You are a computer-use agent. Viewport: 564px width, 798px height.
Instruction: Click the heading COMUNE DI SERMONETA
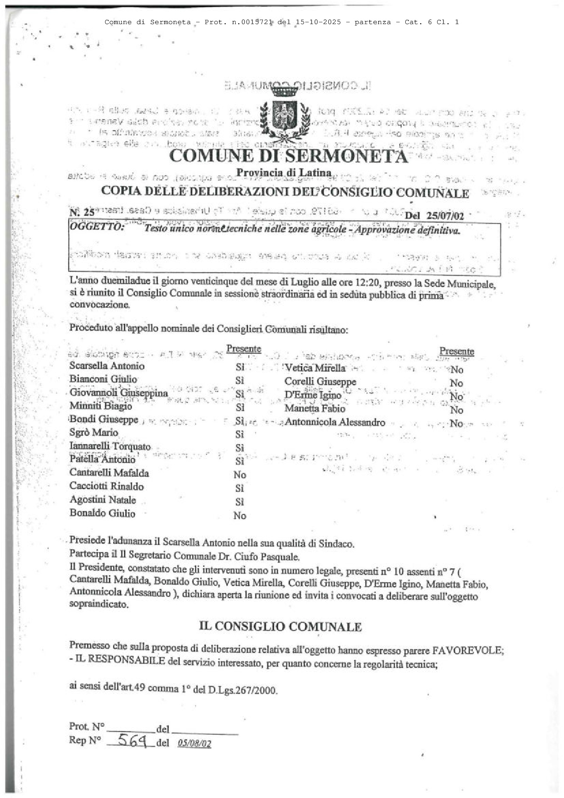(288, 156)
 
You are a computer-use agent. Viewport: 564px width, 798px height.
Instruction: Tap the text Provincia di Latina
(283, 173)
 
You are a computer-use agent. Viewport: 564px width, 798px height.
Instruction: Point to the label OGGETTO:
(96, 227)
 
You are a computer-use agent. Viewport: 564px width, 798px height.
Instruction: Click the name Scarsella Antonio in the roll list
(107, 366)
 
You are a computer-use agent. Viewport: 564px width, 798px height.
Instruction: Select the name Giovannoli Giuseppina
(119, 393)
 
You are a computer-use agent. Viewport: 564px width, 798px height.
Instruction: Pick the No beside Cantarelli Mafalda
(240, 475)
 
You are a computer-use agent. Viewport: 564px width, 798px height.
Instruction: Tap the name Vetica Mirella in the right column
(315, 368)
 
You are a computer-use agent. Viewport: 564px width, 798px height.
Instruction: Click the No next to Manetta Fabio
(456, 410)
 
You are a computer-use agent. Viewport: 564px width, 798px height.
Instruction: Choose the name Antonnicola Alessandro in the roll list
(335, 422)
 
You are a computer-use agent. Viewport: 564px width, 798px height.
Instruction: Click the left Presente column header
(243, 349)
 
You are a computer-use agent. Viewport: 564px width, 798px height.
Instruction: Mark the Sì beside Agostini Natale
(240, 502)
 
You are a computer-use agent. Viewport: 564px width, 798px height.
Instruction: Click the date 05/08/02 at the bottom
(195, 743)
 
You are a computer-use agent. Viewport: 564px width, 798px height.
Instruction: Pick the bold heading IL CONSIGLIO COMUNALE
(280, 627)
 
